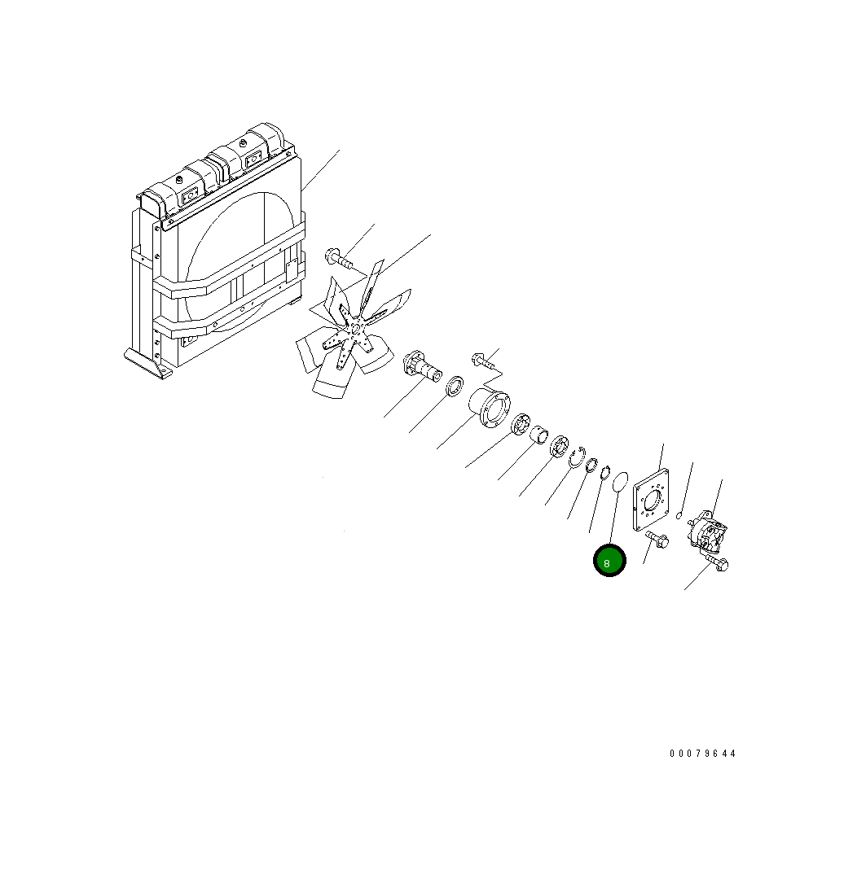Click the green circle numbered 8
(609, 561)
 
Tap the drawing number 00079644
(702, 754)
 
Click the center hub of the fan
(354, 328)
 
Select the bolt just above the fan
(338, 260)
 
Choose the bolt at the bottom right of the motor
(718, 564)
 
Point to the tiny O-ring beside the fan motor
(679, 514)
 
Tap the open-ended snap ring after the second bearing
(579, 458)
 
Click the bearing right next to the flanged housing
(521, 427)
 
